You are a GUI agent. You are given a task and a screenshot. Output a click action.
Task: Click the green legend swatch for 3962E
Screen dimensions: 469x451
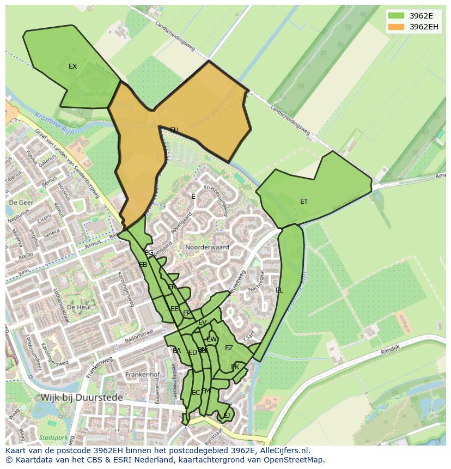[x=397, y=16]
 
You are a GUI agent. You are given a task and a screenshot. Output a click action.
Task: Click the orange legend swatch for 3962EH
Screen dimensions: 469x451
[x=397, y=27]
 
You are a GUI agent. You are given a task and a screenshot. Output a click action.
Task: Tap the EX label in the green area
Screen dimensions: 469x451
[x=72, y=66]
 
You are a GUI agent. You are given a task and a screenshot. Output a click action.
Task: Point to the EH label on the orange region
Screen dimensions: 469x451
[x=174, y=130]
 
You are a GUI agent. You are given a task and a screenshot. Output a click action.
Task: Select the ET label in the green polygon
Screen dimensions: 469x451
[x=304, y=202]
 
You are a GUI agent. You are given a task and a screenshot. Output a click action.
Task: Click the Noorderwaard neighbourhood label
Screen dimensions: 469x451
[x=207, y=247]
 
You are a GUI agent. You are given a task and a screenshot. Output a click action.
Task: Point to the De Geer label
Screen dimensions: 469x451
[x=21, y=203]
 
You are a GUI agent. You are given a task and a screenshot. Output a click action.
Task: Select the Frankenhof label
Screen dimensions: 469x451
[x=142, y=375]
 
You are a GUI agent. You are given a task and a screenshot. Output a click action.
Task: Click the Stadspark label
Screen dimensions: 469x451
[x=53, y=437]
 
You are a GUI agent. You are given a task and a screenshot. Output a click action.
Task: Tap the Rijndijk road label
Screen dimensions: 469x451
[x=390, y=352]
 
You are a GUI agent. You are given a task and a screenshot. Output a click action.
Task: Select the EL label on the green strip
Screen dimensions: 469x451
[x=279, y=290]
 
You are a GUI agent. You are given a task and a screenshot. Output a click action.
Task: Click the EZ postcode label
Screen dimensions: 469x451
[x=229, y=348]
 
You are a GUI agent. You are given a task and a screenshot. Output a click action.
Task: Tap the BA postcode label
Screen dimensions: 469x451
[x=176, y=351]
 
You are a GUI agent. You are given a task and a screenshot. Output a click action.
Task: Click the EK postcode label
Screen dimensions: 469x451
[x=235, y=367]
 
